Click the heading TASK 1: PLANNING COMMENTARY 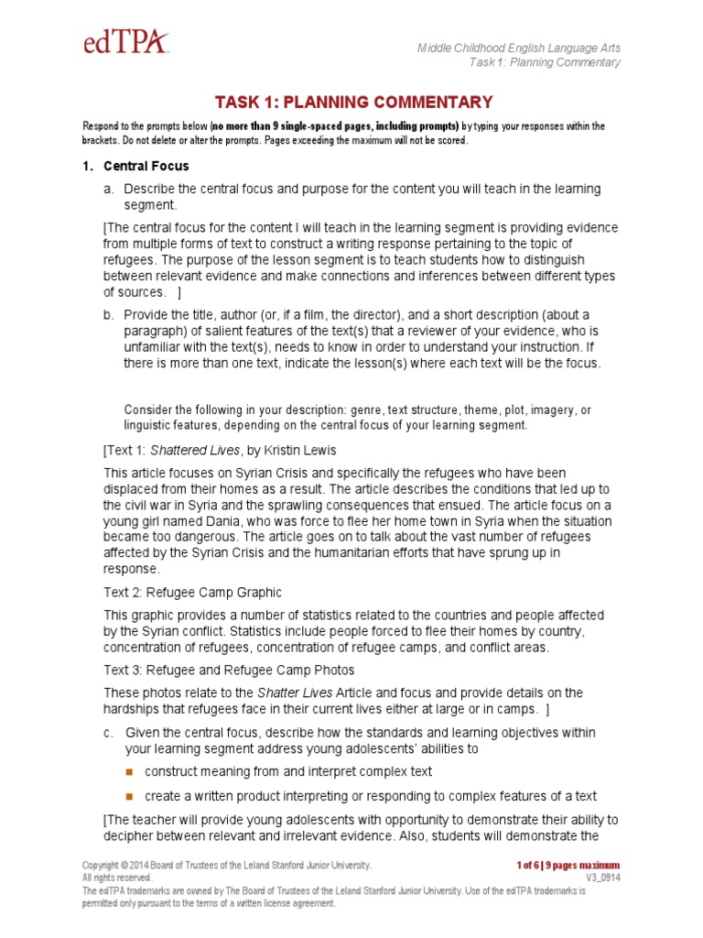click(x=353, y=103)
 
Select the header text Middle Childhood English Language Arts click(x=519, y=47)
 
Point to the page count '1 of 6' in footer click(x=528, y=865)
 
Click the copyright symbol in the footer click(x=124, y=865)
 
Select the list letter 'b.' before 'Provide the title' click(x=108, y=314)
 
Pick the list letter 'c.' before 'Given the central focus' click(x=108, y=732)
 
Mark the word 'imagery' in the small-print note click(x=551, y=409)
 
